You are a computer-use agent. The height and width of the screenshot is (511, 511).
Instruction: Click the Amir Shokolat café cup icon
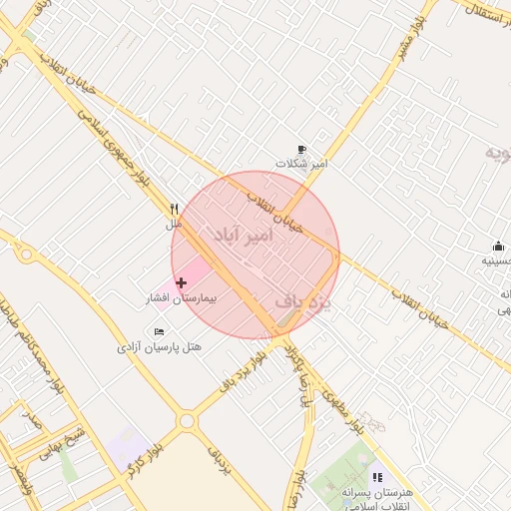tap(302, 149)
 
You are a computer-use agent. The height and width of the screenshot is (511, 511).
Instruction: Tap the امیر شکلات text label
tap(302, 163)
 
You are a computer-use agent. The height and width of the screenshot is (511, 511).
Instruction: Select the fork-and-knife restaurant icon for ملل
tap(175, 210)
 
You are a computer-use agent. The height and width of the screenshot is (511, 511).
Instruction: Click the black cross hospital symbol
tap(181, 283)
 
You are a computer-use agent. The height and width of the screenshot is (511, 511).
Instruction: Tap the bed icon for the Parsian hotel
tap(159, 331)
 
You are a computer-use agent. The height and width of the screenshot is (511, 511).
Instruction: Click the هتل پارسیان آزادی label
tap(160, 346)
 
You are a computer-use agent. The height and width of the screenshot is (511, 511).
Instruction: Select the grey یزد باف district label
tap(302, 298)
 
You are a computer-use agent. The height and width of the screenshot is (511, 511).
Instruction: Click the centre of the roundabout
tap(187, 421)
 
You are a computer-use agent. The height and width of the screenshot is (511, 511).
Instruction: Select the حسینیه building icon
tap(498, 247)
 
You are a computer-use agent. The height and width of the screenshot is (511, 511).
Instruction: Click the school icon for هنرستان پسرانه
tap(376, 478)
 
